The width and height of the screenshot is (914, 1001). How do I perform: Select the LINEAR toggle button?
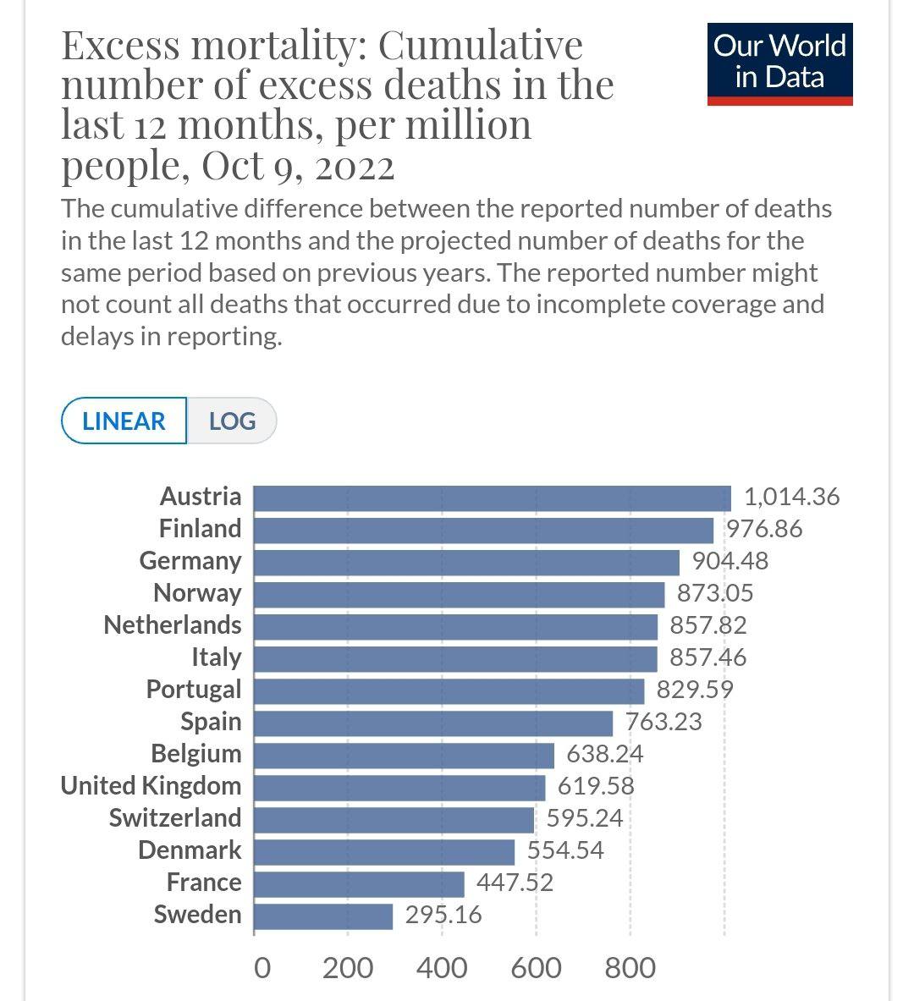pos(124,421)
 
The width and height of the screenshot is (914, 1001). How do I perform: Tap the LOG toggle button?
pos(232,421)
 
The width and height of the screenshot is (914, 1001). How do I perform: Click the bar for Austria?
pos(492,498)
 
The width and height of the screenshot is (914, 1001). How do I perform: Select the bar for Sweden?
pos(323,916)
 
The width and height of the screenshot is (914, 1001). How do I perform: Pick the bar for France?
pos(359,883)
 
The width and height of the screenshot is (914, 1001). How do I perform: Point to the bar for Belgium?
pos(404,755)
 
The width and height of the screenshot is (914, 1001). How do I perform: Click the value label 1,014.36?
pos(791,497)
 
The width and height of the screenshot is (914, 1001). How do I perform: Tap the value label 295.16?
pos(443,915)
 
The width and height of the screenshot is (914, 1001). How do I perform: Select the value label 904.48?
pos(730,561)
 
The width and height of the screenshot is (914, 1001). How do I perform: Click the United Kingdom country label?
pos(151,786)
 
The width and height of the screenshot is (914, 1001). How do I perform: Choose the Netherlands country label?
pos(172,625)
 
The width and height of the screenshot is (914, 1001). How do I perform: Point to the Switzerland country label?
pos(174,818)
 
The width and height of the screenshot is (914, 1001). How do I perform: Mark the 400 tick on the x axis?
pos(442,967)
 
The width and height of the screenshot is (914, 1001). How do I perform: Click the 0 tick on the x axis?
pos(262,967)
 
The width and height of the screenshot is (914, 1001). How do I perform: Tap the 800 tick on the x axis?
pos(630,967)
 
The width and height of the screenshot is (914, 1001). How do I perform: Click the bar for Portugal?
pos(449,690)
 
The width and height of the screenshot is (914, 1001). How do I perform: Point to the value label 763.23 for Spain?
pos(663,722)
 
